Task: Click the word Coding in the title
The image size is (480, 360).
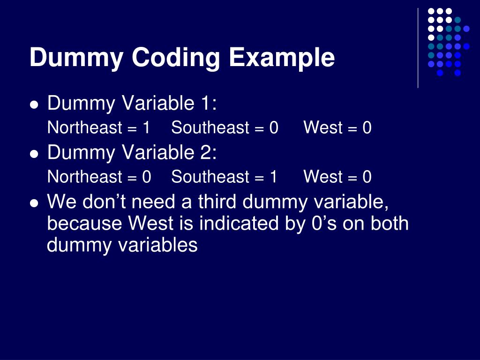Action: tap(175, 58)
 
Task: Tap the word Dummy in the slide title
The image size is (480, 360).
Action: tap(76, 58)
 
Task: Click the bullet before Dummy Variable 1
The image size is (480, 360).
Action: tap(33, 105)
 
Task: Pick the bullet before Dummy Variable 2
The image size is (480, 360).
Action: tap(33, 154)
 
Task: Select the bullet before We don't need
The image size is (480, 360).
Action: tap(33, 203)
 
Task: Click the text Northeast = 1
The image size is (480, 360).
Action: tap(98, 127)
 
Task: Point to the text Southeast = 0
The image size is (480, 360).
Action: tap(225, 127)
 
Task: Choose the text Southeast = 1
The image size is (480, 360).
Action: tap(224, 177)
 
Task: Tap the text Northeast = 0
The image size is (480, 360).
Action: tap(99, 177)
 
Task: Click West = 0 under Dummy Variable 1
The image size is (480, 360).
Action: tap(337, 127)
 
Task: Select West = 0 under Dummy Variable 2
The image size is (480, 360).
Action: tap(337, 177)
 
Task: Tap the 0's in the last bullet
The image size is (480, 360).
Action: tap(324, 224)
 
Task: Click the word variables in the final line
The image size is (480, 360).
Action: tap(159, 245)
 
